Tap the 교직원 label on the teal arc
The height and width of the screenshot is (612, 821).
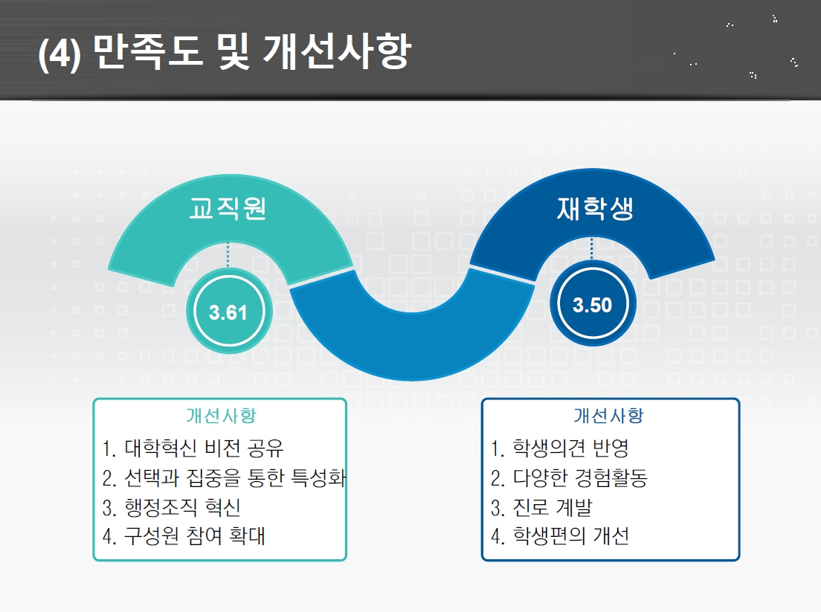click(x=228, y=208)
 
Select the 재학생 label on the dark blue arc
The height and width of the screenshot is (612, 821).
click(x=595, y=208)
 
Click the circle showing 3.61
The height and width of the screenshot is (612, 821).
click(x=229, y=311)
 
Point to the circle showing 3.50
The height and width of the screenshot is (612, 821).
click(x=593, y=303)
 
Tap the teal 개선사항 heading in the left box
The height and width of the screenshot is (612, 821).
click(x=221, y=416)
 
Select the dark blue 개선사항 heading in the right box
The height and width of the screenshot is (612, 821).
click(x=608, y=416)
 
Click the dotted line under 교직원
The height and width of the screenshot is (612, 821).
click(x=228, y=255)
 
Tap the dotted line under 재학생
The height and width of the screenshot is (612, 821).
click(x=592, y=249)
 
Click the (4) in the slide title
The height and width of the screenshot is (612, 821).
click(x=59, y=54)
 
